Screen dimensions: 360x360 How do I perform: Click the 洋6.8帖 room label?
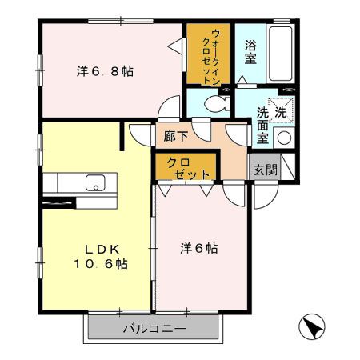pos(104,71)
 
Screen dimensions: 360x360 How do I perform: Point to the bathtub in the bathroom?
pos(281,51)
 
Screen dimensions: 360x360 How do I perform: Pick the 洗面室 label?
pos(262,124)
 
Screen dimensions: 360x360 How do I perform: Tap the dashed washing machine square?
pos(281,109)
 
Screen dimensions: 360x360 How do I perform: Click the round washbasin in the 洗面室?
pos(284,137)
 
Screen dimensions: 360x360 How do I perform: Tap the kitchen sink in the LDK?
pos(95,182)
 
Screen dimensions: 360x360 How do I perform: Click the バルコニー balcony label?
pos(154,329)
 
